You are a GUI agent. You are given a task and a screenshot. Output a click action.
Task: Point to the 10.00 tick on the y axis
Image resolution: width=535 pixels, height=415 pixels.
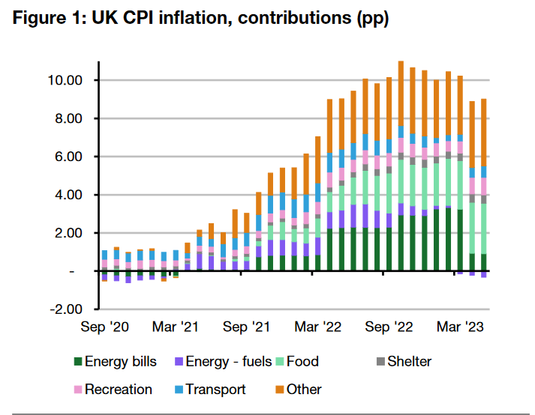tap(65, 80)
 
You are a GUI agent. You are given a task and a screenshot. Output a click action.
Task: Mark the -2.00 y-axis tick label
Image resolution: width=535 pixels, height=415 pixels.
tap(67, 309)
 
